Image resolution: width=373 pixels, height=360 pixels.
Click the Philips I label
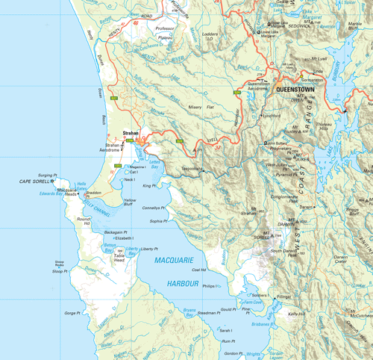click(211, 285)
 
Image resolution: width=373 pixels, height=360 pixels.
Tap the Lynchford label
click(272, 115)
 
